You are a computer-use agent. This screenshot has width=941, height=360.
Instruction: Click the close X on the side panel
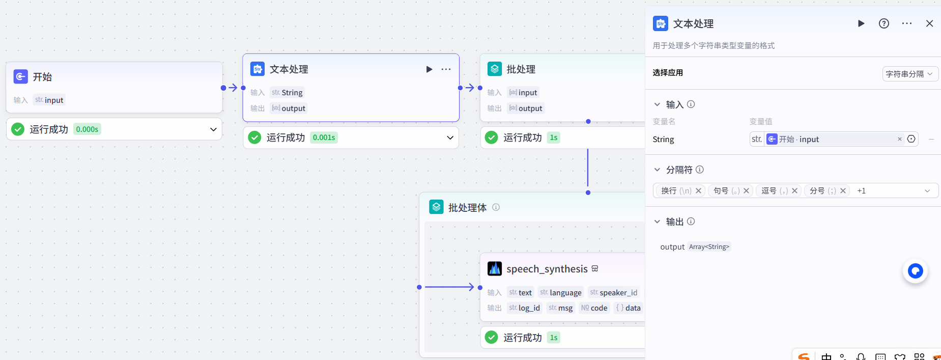click(x=929, y=23)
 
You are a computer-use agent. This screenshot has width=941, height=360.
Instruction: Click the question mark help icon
click(x=884, y=23)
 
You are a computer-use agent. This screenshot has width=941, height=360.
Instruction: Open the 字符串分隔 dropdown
click(x=909, y=74)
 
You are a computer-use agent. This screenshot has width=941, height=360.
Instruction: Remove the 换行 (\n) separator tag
click(x=699, y=191)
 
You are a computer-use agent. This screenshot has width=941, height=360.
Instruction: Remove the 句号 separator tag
click(x=747, y=191)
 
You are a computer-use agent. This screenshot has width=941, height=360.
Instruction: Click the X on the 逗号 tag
click(x=794, y=191)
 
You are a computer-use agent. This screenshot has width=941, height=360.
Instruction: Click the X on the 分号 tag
click(x=843, y=191)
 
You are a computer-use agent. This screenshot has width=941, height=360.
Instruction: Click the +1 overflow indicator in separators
click(x=861, y=191)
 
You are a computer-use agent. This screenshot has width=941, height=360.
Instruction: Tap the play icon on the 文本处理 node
click(x=429, y=69)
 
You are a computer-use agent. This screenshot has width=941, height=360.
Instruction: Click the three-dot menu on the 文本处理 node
click(x=446, y=69)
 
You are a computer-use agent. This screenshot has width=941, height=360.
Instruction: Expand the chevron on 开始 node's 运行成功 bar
click(x=213, y=129)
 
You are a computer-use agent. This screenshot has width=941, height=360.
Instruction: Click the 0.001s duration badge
click(x=324, y=137)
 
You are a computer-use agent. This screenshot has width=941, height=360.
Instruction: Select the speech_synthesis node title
click(x=547, y=269)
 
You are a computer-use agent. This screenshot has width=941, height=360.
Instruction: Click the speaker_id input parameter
click(x=614, y=293)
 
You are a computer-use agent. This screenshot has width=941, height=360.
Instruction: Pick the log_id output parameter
click(x=524, y=308)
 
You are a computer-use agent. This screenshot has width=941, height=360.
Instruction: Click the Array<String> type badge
click(x=709, y=247)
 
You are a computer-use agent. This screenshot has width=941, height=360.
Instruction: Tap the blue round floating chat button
click(x=915, y=271)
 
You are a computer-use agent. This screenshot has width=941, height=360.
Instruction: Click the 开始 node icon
click(x=21, y=77)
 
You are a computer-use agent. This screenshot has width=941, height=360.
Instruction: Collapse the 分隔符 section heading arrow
click(x=657, y=170)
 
